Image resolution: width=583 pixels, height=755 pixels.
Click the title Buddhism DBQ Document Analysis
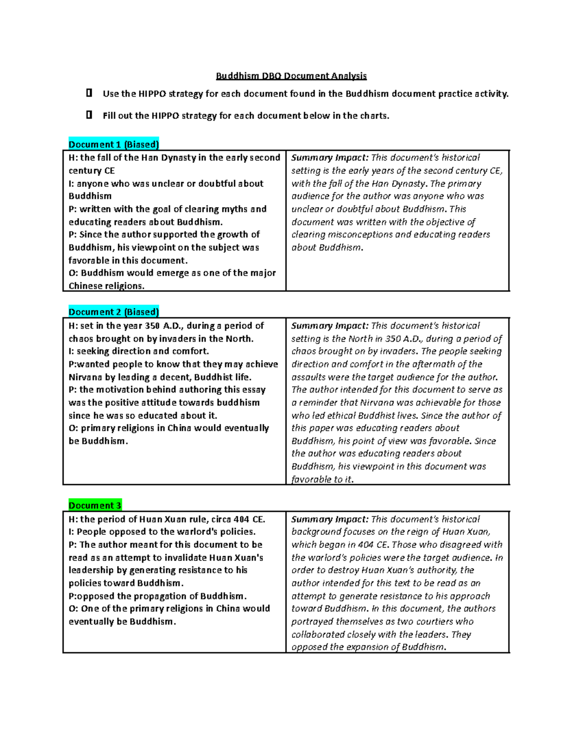pos(291,76)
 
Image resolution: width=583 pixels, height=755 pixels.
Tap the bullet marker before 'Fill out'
pos(89,115)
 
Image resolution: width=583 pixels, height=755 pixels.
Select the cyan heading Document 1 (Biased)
pos(114,144)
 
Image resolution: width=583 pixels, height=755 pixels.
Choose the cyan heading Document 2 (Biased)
pos(114,312)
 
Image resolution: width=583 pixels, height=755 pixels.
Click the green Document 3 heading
pos(95,506)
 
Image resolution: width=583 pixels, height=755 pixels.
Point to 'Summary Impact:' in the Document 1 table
pos(329,158)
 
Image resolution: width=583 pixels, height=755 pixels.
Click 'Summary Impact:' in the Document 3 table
pos(329,519)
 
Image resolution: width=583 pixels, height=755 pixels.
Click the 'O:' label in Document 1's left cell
pos(73,273)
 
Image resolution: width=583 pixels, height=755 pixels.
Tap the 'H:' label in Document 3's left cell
pos(73,519)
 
